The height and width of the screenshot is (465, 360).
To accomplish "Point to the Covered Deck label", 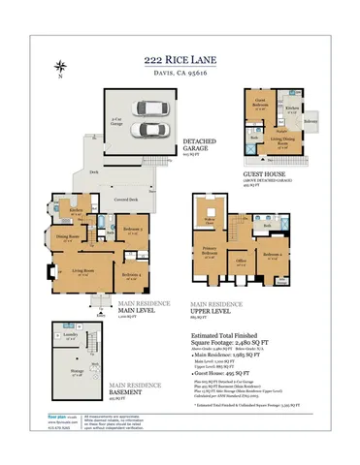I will click(x=124, y=201).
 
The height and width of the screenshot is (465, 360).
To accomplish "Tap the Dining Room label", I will click(x=66, y=235).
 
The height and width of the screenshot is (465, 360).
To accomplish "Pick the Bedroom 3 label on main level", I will click(x=132, y=229).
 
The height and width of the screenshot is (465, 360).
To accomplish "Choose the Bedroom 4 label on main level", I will click(x=131, y=275).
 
